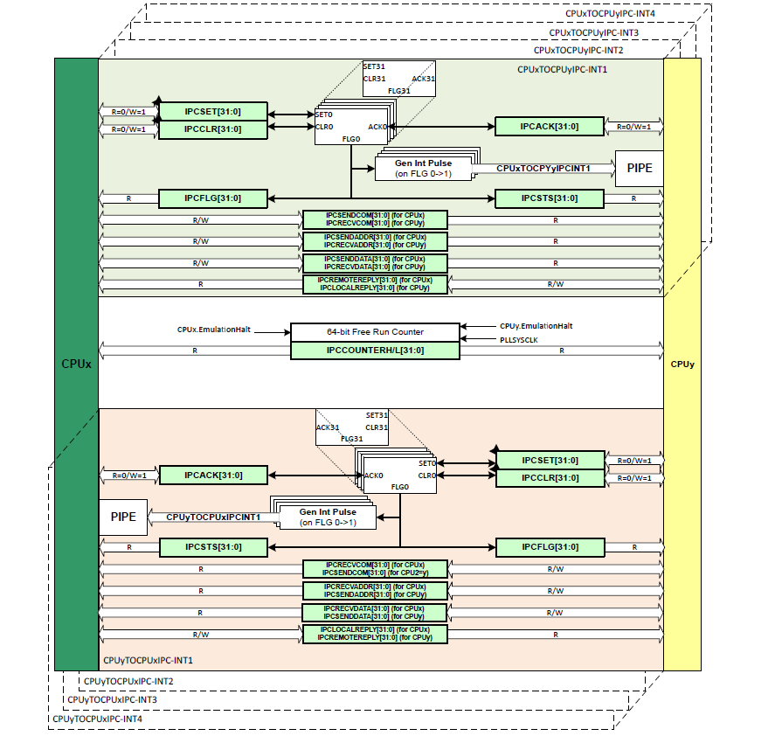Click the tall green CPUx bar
click(76, 364)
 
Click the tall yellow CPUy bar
click(682, 364)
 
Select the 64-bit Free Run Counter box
click(375, 332)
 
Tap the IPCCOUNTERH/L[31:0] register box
click(375, 351)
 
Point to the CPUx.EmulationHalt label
click(213, 330)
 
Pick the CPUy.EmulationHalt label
click(536, 325)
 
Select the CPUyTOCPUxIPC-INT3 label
click(113, 699)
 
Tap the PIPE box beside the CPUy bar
click(639, 168)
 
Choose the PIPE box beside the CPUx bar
click(123, 517)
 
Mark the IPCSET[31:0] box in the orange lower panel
click(550, 461)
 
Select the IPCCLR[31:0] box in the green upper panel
click(212, 129)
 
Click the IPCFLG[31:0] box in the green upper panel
click(212, 198)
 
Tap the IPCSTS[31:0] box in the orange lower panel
click(212, 547)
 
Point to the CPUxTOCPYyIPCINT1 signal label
click(543, 168)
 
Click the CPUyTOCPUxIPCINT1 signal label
click(213, 517)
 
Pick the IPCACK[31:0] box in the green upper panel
click(550, 127)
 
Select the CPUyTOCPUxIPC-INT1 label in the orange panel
click(148, 661)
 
